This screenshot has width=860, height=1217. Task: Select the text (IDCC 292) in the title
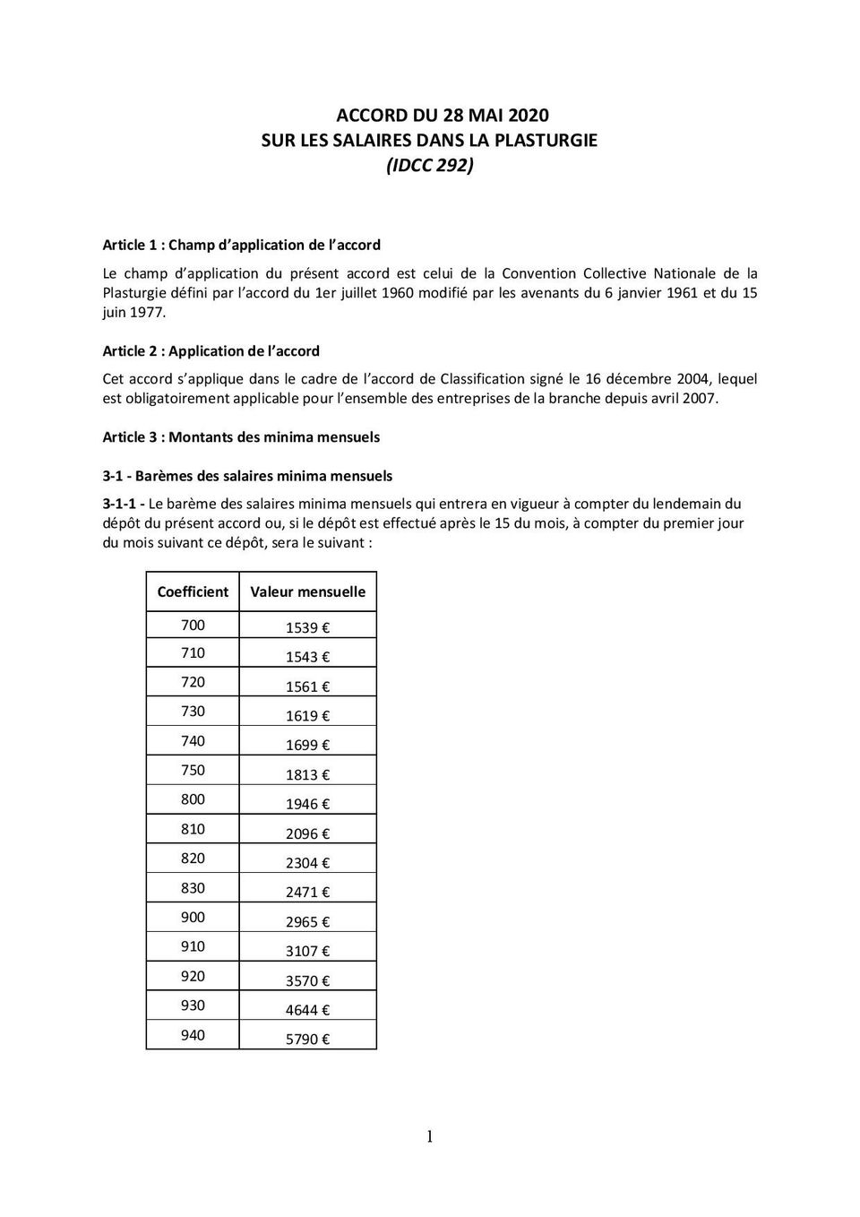tap(429, 166)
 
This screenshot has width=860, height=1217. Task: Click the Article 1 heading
tap(241, 245)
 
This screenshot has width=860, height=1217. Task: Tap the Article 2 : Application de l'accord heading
tap(211, 351)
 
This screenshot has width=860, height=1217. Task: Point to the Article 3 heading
tap(241, 437)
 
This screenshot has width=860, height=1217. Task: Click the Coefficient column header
tap(193, 591)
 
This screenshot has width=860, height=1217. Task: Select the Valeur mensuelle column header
tap(307, 591)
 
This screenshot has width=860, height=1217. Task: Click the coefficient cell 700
tap(193, 625)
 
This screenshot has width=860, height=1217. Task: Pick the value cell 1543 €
tap(307, 657)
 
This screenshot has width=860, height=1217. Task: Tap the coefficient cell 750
tap(193, 770)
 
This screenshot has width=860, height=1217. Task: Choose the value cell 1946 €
tap(307, 804)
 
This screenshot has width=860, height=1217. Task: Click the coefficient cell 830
tap(193, 887)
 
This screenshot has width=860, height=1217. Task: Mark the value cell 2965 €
tap(307, 921)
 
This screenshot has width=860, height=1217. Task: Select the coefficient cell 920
tap(193, 976)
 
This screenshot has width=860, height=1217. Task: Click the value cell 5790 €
tap(307, 1039)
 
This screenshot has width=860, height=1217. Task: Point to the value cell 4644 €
tap(307, 1010)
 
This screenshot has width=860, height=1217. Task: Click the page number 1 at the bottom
tap(429, 1137)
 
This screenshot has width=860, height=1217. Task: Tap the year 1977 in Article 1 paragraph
tap(148, 312)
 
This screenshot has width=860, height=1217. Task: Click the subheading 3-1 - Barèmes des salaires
tap(247, 476)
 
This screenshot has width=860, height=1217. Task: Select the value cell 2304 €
tap(307, 862)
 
